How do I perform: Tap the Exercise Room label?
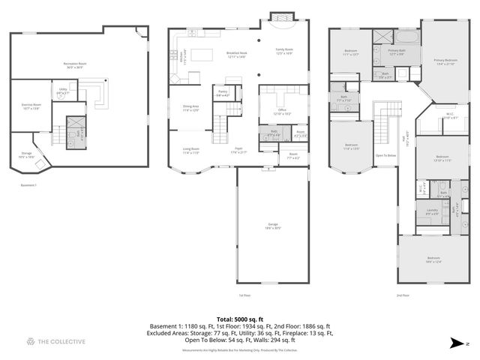pyautogui.click(x=31, y=106)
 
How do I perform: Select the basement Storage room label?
pyautogui.click(x=26, y=156)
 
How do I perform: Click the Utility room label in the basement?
pyautogui.click(x=63, y=91)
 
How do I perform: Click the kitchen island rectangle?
pyautogui.click(x=202, y=54)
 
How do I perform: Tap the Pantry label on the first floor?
pyautogui.click(x=223, y=94)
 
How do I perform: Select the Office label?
pyautogui.click(x=282, y=112)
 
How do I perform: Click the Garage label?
pyautogui.click(x=271, y=226)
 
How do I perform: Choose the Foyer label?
pyautogui.click(x=238, y=151)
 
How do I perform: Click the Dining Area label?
pyautogui.click(x=191, y=108)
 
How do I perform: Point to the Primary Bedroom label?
pyautogui.click(x=445, y=61)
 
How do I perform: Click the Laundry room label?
pyautogui.click(x=432, y=212)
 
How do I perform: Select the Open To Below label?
pyautogui.click(x=385, y=155)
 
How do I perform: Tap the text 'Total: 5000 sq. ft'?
pyautogui.click(x=239, y=319)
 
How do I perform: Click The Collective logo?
pyautogui.click(x=55, y=342)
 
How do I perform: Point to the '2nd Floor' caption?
pyautogui.click(x=403, y=295)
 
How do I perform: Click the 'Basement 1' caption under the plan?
pyautogui.click(x=27, y=185)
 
